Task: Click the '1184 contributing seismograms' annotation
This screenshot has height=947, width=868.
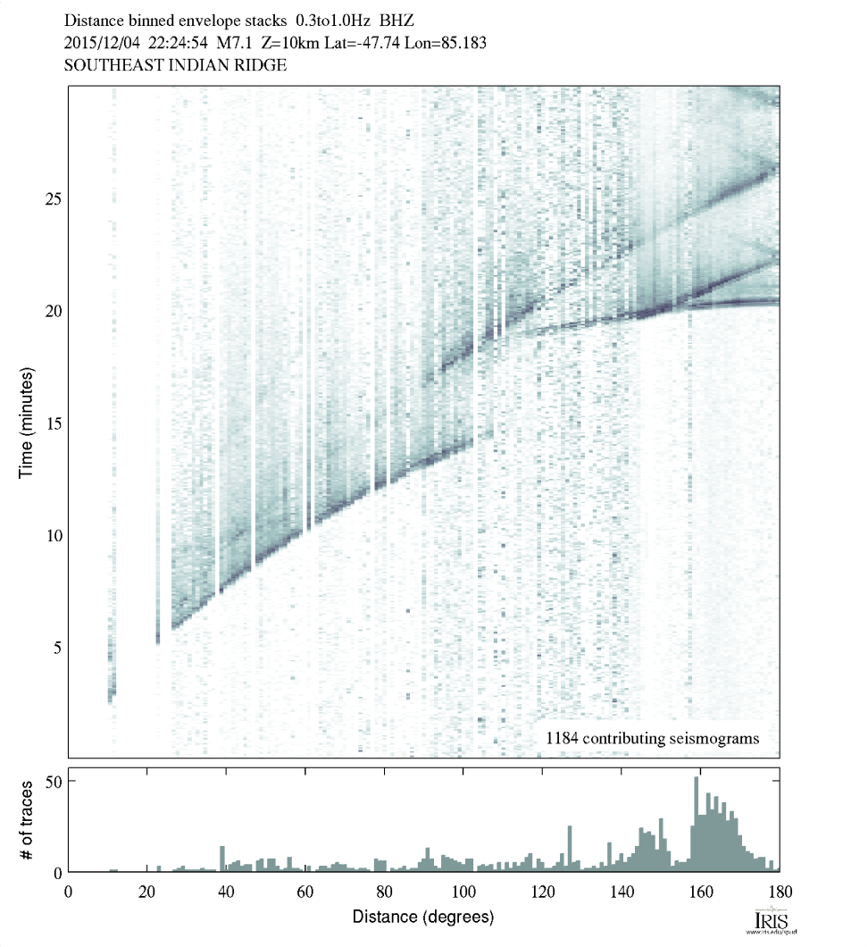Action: (x=652, y=738)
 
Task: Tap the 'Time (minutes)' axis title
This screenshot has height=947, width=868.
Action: (x=26, y=420)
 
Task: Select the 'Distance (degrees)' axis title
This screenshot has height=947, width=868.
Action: (x=423, y=917)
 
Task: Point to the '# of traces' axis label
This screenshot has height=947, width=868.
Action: (x=26, y=819)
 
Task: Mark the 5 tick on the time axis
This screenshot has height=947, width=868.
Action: (x=56, y=647)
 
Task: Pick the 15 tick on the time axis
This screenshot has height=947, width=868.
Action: (x=53, y=423)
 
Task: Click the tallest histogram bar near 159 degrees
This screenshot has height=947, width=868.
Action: (x=697, y=822)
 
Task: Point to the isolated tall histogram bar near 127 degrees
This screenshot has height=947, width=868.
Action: (x=570, y=849)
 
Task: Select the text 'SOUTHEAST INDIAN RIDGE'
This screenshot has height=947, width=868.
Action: (x=175, y=65)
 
